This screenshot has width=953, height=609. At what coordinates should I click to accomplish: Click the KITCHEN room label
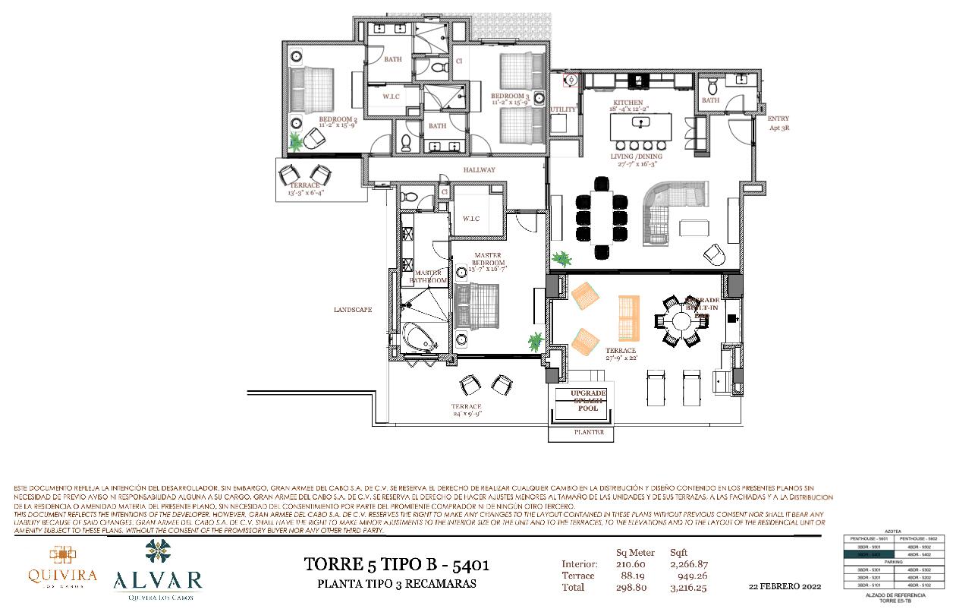point(628,103)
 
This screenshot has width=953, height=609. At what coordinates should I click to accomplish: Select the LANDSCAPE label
point(353,310)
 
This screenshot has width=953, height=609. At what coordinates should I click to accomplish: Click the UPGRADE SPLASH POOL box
point(588,401)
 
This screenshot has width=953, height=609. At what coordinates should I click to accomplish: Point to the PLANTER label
point(588,433)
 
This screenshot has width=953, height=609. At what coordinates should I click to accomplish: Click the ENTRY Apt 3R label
point(778,123)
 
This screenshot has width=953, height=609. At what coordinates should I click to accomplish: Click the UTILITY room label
point(564,109)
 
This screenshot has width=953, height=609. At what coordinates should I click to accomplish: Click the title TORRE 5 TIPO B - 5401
point(396,565)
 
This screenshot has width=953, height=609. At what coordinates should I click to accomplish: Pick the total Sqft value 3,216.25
point(688,587)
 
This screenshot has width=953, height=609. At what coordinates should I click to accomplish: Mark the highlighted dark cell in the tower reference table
point(870,554)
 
